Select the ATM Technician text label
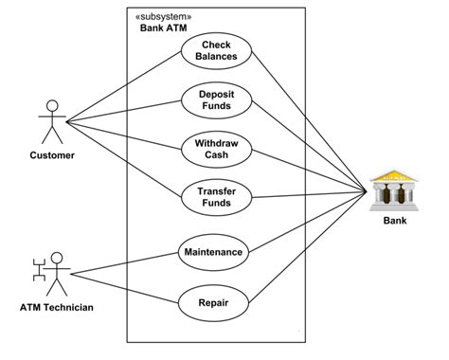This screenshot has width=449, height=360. tap(57, 308)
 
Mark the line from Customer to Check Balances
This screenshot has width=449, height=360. tap(123, 88)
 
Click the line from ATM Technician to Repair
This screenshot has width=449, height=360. tap(123, 288)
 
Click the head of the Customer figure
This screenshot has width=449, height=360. tap(50, 105)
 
